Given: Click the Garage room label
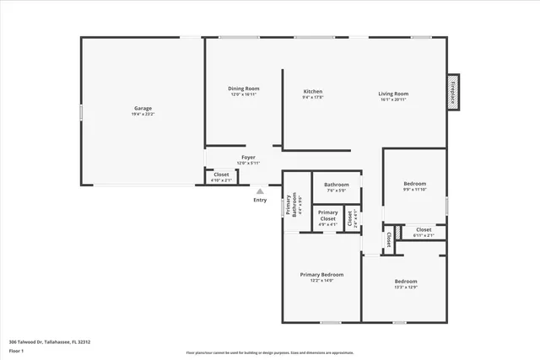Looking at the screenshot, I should pos(143,108).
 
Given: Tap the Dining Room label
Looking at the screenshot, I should pos(243,89).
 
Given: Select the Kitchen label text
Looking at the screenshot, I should pos(313,91).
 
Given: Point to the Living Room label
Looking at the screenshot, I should pos(393,94).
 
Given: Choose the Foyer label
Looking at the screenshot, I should pos(248,157).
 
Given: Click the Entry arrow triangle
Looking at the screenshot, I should pos(260,191).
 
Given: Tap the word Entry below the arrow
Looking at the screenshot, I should pos(260,200).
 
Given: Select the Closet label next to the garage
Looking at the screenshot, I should pos(221,175).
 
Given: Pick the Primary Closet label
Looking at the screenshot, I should pos(328,216).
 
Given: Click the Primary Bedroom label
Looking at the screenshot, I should pos(321,275).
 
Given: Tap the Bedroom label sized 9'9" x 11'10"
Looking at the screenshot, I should pos(414,184).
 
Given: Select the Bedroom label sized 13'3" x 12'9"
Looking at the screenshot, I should pos(405,282).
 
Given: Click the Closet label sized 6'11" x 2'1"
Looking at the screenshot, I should pos(424,229).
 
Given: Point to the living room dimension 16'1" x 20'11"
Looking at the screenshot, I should pos(393,99).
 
